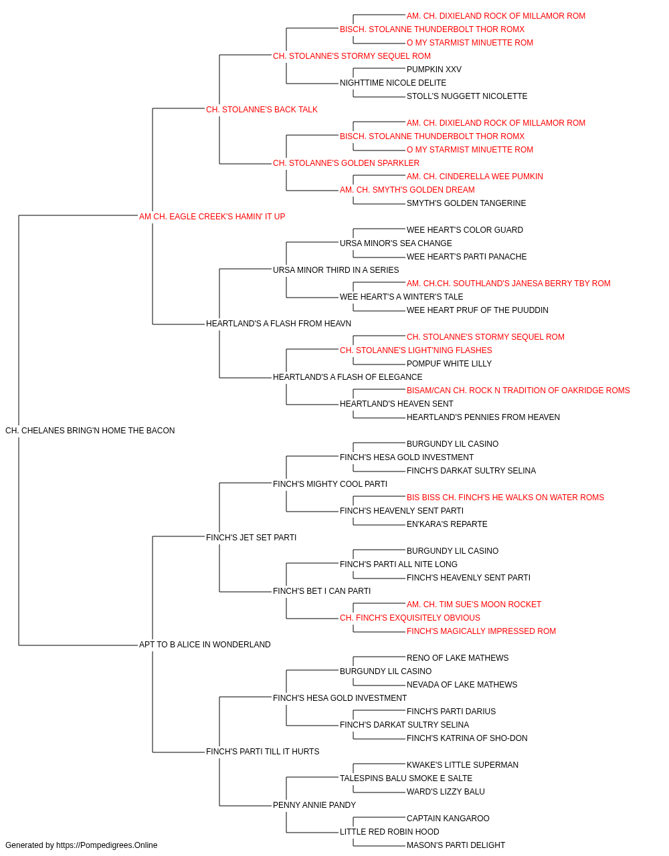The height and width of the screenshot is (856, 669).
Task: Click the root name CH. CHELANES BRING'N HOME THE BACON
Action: coord(90,431)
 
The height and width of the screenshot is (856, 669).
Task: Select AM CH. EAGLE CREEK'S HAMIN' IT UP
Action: coord(212,217)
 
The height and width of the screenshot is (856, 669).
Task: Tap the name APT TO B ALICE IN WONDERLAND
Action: coord(205,645)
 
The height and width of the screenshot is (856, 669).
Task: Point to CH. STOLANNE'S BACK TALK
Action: coord(262,110)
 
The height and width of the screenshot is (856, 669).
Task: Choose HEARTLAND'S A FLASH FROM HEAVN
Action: coord(278,324)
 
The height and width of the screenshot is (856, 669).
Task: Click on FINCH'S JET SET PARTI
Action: coord(251,538)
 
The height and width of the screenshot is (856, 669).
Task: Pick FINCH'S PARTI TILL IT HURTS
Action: coord(262,752)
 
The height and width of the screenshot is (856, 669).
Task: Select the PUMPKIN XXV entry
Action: coord(434,70)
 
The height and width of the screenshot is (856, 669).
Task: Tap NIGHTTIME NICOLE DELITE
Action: coord(393,83)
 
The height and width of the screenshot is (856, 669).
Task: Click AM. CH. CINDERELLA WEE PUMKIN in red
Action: coord(475,177)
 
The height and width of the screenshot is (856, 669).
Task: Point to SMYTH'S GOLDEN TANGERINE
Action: coord(466,203)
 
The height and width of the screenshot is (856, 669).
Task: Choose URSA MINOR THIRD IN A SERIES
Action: coord(336,270)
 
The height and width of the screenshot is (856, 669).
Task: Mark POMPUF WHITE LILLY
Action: coord(449,364)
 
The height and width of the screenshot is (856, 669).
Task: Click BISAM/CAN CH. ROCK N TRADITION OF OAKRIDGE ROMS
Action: coord(518,391)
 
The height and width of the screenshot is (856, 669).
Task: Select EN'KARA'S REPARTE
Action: coord(447,524)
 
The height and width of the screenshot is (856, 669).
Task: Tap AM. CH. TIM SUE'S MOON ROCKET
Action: coord(474,605)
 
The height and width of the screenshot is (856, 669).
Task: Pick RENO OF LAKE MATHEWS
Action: coord(458,658)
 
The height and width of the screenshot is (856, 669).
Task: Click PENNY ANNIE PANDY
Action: coord(314,805)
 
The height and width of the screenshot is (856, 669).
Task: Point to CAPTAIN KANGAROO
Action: coord(448,819)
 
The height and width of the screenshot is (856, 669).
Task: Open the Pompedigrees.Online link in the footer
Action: coord(106,845)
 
